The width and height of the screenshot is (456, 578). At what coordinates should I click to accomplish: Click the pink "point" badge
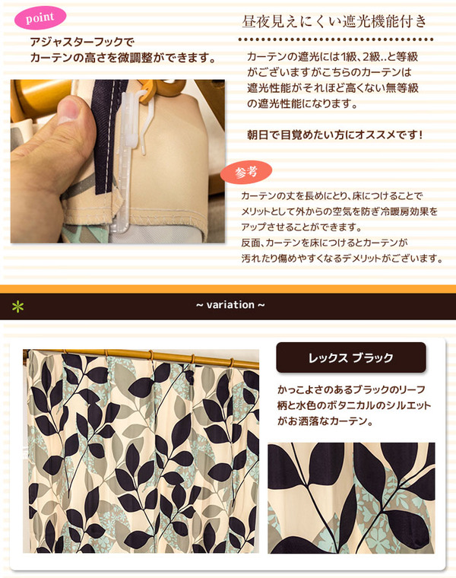pos(40,17)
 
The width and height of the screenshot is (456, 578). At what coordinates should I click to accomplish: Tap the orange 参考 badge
pos(246,172)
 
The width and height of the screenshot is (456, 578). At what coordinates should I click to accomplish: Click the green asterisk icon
pos(17,306)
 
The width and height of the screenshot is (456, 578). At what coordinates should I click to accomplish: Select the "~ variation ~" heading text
pos(230,305)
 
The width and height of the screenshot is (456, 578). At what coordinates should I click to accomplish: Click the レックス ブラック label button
pos(350,357)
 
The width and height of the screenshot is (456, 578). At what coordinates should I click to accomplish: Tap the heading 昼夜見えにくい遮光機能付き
pos(334,21)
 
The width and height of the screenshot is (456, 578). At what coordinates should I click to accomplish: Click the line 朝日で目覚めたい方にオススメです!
pos(334,135)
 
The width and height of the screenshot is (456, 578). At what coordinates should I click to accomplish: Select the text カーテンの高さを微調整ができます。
pos(123,58)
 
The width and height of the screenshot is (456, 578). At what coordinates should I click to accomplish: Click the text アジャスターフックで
pos(82,42)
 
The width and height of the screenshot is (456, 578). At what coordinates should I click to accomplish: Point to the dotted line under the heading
pos(336,39)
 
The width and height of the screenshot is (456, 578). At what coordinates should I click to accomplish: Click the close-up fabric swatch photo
pos(351,497)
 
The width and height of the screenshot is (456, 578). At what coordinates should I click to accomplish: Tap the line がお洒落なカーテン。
pos(325,421)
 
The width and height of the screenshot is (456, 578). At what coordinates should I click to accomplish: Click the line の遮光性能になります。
pos(302,104)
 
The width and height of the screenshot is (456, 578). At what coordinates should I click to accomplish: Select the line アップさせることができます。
pos(302,227)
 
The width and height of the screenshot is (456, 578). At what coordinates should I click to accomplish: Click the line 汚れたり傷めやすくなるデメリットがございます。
pos(342,259)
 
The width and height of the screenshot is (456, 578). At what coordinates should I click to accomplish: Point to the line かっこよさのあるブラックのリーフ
pos(351,389)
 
